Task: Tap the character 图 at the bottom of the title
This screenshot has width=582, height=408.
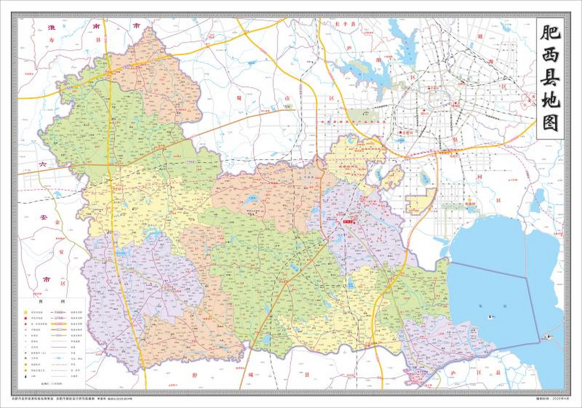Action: [550, 123]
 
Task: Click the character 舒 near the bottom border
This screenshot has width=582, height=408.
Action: [195, 375]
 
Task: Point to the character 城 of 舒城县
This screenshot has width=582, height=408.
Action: [251, 375]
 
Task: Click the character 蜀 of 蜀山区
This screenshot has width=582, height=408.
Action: [238, 98]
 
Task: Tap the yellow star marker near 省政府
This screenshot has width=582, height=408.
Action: [469, 200]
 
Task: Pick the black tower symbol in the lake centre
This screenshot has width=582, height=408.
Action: [490, 316]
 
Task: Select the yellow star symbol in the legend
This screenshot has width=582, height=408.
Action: [26, 312]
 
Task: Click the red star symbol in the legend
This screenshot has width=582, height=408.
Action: [26, 318]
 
